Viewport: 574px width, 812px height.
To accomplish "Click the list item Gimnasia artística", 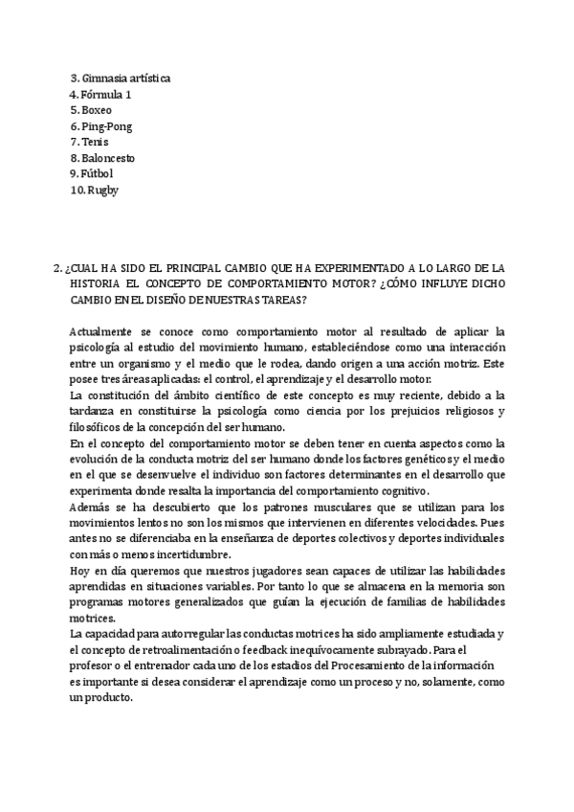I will click(127, 79).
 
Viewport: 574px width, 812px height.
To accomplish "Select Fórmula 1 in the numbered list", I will click(106, 94).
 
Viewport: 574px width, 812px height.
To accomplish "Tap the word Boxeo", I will click(97, 110).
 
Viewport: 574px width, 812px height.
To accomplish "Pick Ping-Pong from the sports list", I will click(107, 125).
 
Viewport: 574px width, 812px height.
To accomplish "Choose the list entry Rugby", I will click(103, 189).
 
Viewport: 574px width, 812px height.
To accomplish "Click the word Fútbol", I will click(98, 173).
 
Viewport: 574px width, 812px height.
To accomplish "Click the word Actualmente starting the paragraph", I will click(101, 330).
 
